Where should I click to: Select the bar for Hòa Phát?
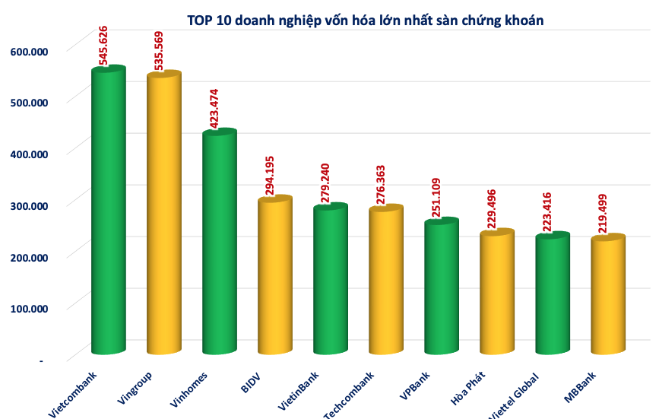pos(496,293)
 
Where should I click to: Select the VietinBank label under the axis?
pos(299,391)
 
